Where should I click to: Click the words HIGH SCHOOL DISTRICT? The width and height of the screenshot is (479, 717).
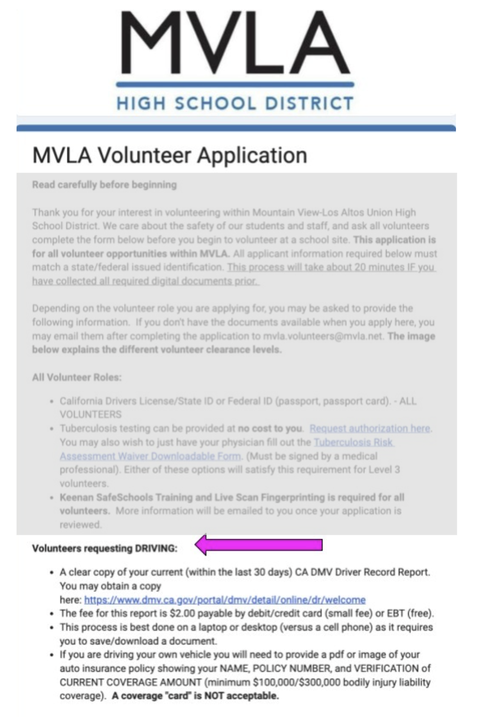[x=235, y=103]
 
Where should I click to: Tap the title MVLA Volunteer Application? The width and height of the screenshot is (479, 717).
[x=170, y=155]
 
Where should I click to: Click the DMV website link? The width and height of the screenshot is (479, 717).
[x=225, y=600]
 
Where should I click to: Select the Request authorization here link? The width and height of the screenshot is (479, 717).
[x=370, y=428]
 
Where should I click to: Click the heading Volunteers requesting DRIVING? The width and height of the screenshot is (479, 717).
[x=105, y=548]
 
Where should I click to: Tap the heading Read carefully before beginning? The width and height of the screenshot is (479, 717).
[x=104, y=184]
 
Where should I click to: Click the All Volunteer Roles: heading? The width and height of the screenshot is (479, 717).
[x=77, y=377]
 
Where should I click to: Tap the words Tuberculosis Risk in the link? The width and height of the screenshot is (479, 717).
[x=354, y=442]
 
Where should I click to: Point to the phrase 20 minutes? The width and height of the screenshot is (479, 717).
[x=380, y=267]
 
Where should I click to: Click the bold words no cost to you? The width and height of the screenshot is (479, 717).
[x=270, y=428]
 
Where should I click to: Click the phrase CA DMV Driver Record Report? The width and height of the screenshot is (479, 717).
[x=362, y=572]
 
